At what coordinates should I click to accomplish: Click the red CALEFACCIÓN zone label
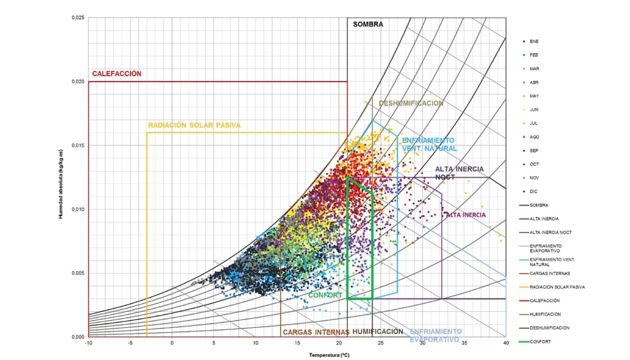116,74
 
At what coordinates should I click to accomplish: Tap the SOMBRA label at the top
368,24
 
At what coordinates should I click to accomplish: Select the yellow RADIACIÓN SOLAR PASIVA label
194,125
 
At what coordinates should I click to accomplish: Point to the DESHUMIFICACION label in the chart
411,103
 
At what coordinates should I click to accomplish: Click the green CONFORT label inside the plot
325,295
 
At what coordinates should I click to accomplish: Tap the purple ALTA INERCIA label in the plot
465,215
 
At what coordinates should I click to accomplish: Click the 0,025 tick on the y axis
77,17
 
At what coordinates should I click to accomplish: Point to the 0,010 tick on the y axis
77,209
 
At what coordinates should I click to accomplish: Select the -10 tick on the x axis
89,343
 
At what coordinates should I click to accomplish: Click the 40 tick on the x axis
506,343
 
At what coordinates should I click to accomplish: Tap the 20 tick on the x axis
339,343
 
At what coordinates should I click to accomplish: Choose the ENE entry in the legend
534,42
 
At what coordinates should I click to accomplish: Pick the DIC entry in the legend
534,192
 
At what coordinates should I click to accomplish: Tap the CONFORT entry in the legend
541,341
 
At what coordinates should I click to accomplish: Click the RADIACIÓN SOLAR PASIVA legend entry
557,287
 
